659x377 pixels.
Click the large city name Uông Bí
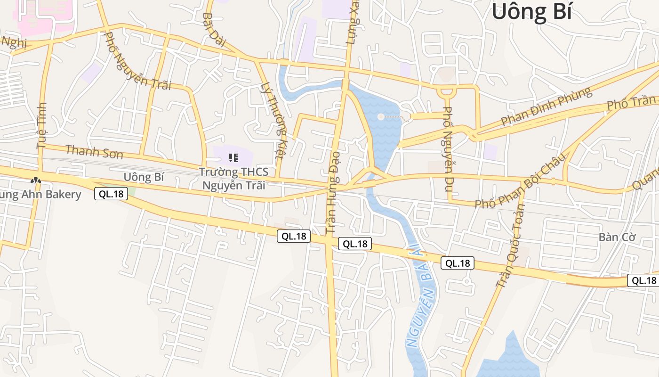point(532,11)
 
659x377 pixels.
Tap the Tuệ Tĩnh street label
point(42,125)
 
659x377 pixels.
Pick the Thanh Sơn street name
point(94,152)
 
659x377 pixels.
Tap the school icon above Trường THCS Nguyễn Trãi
point(233,158)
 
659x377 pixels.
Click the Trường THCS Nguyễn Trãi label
point(233,179)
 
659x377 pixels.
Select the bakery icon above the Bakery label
point(35,180)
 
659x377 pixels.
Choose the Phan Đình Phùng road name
point(546,106)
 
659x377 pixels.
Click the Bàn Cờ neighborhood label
point(617,237)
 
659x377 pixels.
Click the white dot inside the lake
point(381,116)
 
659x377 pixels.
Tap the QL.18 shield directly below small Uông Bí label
point(111,193)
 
